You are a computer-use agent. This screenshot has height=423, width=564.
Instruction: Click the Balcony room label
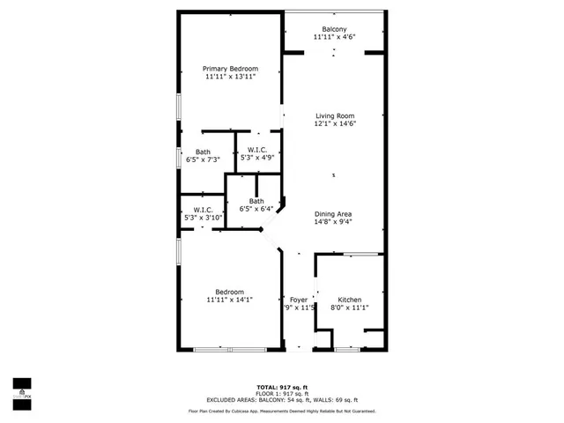333,29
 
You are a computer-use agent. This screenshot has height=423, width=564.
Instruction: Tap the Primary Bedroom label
230,69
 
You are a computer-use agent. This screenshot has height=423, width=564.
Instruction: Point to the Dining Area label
334,214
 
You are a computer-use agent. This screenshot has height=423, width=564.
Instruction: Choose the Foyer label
299,300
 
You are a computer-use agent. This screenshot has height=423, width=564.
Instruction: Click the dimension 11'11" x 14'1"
230,300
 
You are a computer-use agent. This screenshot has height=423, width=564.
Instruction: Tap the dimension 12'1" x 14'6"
334,123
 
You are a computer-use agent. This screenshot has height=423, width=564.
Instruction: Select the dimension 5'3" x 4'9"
257,158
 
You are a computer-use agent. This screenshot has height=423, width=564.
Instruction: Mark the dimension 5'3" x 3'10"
203,217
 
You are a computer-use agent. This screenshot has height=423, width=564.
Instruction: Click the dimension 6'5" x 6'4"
256,209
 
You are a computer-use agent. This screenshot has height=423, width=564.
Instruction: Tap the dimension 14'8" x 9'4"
334,222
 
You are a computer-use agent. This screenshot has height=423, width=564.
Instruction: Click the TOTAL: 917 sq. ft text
282,388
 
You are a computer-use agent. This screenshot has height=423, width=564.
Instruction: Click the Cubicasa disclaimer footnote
282,411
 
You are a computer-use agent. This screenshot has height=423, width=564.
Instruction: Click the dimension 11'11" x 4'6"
333,37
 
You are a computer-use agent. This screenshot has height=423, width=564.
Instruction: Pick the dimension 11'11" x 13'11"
230,77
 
